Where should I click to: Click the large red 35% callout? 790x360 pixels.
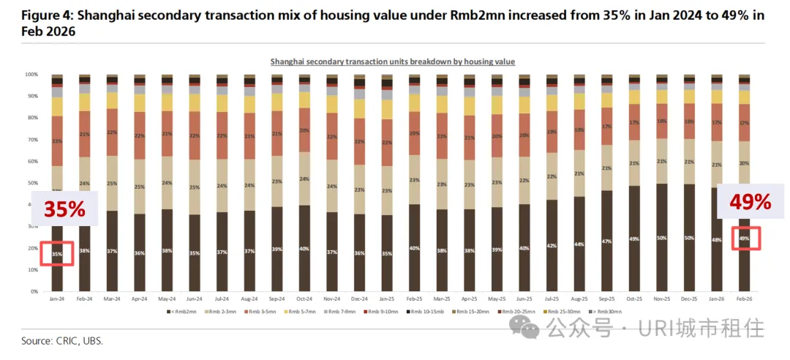coord(64,209)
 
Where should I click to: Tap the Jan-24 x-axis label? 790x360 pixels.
coord(57,299)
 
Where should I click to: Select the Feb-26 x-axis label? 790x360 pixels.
coord(745,299)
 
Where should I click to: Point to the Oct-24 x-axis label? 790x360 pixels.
coord(305,299)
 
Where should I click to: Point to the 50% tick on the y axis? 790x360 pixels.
coord(33,183)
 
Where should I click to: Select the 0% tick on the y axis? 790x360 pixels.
coord(35,291)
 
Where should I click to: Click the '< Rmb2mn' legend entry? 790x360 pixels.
coord(184,312)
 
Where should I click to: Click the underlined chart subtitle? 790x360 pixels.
coord(393,62)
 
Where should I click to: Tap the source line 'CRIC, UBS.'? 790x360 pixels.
coord(62,341)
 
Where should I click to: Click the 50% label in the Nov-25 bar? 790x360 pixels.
coord(662,239)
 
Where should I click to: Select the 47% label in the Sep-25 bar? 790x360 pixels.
coord(607,241)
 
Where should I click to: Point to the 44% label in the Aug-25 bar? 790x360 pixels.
coord(579,244)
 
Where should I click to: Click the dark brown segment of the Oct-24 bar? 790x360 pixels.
coord(305,249)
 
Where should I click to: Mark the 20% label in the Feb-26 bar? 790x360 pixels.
coord(745,163)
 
